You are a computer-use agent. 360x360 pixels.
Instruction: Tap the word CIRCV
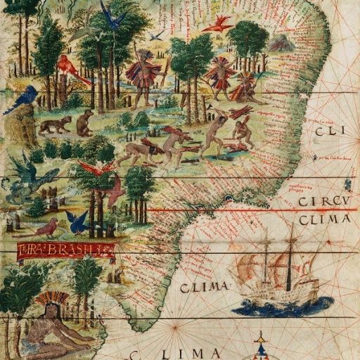pos(323,204)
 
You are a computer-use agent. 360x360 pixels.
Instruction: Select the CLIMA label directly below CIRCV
pos(324,220)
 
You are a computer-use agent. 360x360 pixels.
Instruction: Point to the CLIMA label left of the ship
pos(204,287)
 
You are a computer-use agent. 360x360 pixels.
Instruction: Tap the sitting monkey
pos(85,123)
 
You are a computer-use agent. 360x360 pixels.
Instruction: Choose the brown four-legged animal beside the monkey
pos(55,125)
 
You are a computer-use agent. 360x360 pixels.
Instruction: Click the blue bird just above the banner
pos(77,221)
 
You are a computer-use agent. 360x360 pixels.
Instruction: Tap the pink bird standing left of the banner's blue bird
pos(48,227)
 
